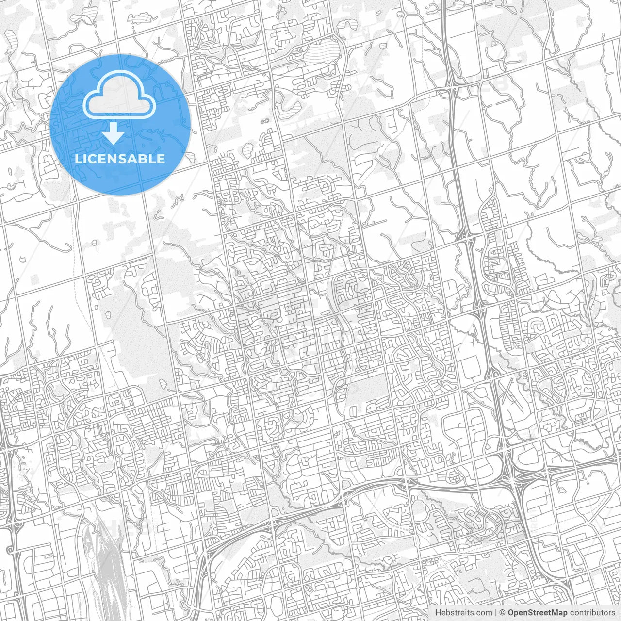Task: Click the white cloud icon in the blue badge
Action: pos(119,97)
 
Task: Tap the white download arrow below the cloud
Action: pos(114,133)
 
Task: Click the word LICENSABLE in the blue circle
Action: pos(120,159)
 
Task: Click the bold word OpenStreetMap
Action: pos(537,613)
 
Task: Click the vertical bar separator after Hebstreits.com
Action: pos(496,613)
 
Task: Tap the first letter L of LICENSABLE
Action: pos(78,159)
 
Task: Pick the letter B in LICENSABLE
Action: pos(145,159)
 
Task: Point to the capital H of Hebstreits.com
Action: pos(438,613)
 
